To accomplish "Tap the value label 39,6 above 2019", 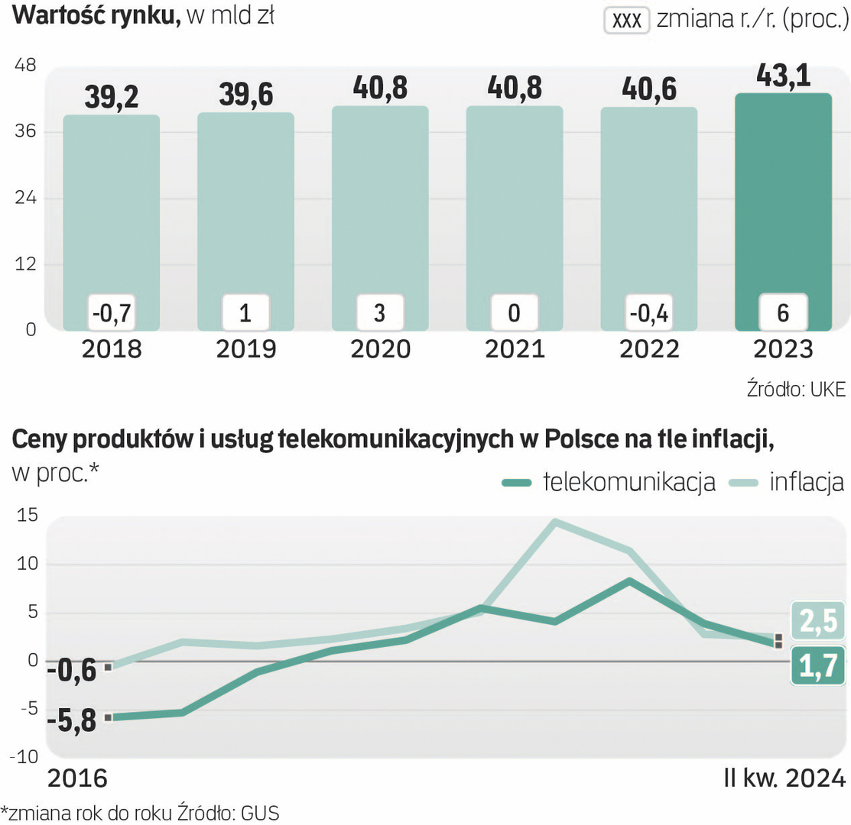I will click(x=245, y=94).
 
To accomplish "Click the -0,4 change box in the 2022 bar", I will click(x=648, y=312).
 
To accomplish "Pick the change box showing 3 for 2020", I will click(x=380, y=312).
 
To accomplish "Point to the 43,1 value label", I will click(x=783, y=75).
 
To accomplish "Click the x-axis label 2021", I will click(x=515, y=349).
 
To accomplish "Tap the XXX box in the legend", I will click(x=627, y=21).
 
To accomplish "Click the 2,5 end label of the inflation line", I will click(x=818, y=622).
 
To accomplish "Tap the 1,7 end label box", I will click(x=818, y=666).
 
